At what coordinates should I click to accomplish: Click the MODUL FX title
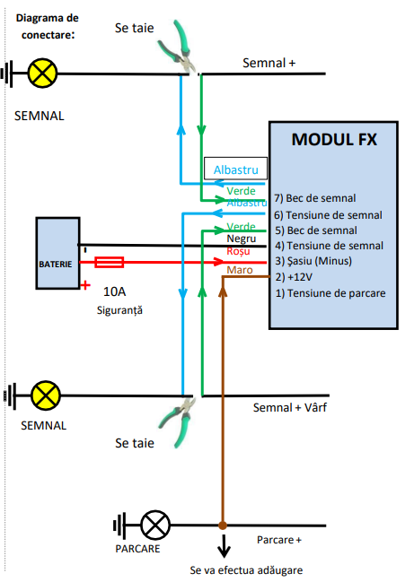(334, 140)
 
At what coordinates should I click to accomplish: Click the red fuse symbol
(110, 263)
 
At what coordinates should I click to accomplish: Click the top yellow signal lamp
(42, 74)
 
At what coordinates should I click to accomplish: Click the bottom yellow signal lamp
(45, 394)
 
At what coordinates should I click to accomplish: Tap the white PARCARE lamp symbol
(157, 523)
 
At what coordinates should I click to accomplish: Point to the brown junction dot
(222, 524)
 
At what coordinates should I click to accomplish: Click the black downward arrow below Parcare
(222, 545)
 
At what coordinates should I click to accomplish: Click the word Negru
(242, 239)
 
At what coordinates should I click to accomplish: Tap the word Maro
(240, 270)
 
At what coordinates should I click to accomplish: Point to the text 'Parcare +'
(278, 540)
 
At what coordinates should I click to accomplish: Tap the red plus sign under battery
(85, 286)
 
